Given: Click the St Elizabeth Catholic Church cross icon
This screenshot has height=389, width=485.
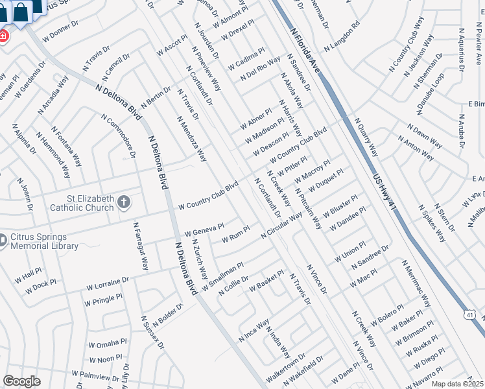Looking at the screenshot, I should pyautogui.click(x=124, y=203).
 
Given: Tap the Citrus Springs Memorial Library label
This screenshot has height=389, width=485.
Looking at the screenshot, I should pyautogui.click(x=44, y=242).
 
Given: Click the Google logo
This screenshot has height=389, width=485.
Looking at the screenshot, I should pyautogui.click(x=21, y=381).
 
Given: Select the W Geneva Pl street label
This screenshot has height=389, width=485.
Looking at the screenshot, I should pyautogui.click(x=204, y=230).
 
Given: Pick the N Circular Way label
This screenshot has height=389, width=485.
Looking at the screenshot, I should pyautogui.click(x=281, y=226).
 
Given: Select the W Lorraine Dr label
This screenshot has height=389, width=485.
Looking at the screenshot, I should pyautogui.click(x=107, y=284).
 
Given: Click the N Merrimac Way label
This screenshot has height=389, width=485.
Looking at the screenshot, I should pyautogui.click(x=416, y=284).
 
